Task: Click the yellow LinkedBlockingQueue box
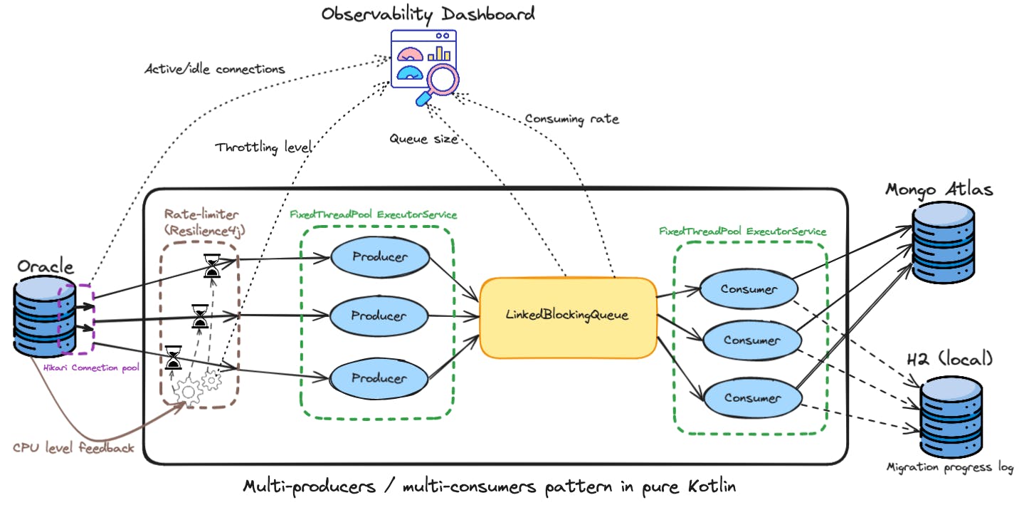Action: (567, 316)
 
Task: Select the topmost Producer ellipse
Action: (379, 257)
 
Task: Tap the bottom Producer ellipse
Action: (379, 378)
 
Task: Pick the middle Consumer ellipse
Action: (751, 340)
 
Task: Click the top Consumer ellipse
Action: (748, 288)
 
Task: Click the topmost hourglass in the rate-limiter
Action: (212, 266)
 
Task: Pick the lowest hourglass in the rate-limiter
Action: (173, 358)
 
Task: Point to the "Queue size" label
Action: (423, 140)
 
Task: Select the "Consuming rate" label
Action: (571, 119)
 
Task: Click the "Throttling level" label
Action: (263, 148)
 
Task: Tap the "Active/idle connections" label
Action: (214, 69)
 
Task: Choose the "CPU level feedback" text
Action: (73, 448)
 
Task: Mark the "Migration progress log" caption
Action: (949, 467)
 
